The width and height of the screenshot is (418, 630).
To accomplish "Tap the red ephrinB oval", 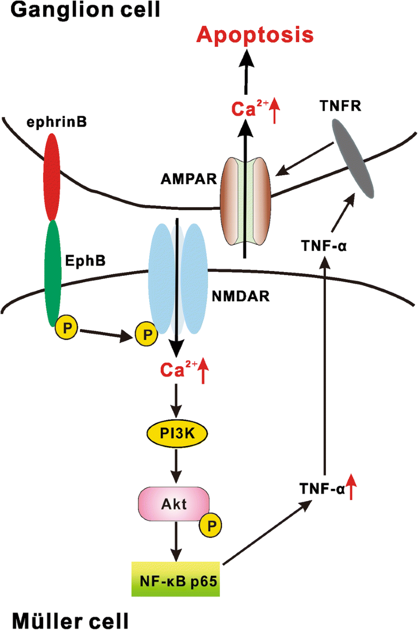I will [x=52, y=176].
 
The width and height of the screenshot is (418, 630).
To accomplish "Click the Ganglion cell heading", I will [x=80, y=10].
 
